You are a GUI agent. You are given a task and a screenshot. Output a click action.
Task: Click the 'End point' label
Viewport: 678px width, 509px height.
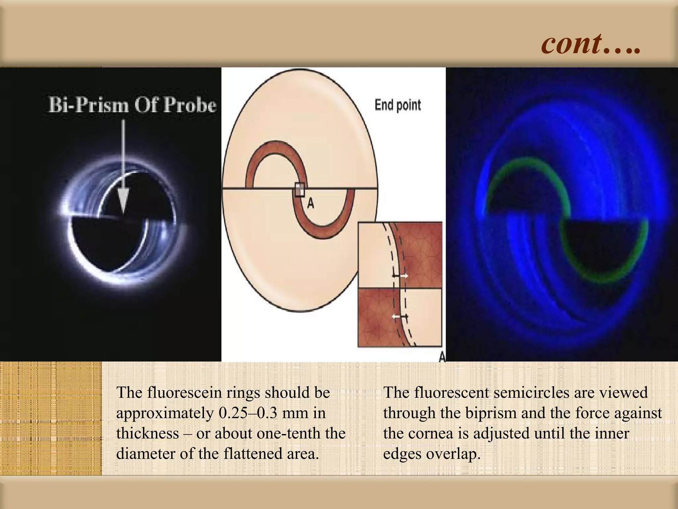click(398, 105)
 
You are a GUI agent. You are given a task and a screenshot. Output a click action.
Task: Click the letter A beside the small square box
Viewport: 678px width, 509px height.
click(311, 203)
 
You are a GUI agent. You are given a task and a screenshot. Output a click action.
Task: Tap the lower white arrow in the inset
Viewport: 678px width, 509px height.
click(396, 316)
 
